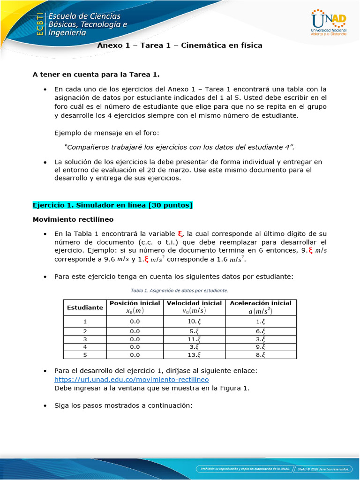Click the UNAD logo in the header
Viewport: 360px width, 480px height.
tap(329, 22)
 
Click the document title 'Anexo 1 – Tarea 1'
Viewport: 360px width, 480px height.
tap(180, 45)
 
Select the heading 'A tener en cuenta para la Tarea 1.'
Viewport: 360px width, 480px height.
tap(96, 74)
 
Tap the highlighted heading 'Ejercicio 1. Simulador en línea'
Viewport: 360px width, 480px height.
tap(112, 205)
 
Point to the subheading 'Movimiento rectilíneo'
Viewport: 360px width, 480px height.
tap(73, 219)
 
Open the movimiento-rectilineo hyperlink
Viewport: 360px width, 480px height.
tap(132, 379)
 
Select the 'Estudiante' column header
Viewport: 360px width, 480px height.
tap(85, 307)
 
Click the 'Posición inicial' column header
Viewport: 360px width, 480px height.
tap(135, 307)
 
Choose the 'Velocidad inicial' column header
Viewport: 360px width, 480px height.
tap(194, 307)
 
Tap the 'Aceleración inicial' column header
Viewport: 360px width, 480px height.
tap(261, 307)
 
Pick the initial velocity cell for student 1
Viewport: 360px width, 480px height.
tap(194, 322)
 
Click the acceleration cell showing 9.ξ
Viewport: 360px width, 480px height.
tap(261, 347)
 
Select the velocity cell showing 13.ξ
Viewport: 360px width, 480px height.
tap(194, 355)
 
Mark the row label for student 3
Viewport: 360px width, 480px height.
tap(85, 339)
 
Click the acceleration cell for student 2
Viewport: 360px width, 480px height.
tap(261, 331)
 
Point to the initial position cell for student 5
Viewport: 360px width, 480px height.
tap(135, 355)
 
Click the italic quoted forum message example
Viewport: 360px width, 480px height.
tap(180, 147)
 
